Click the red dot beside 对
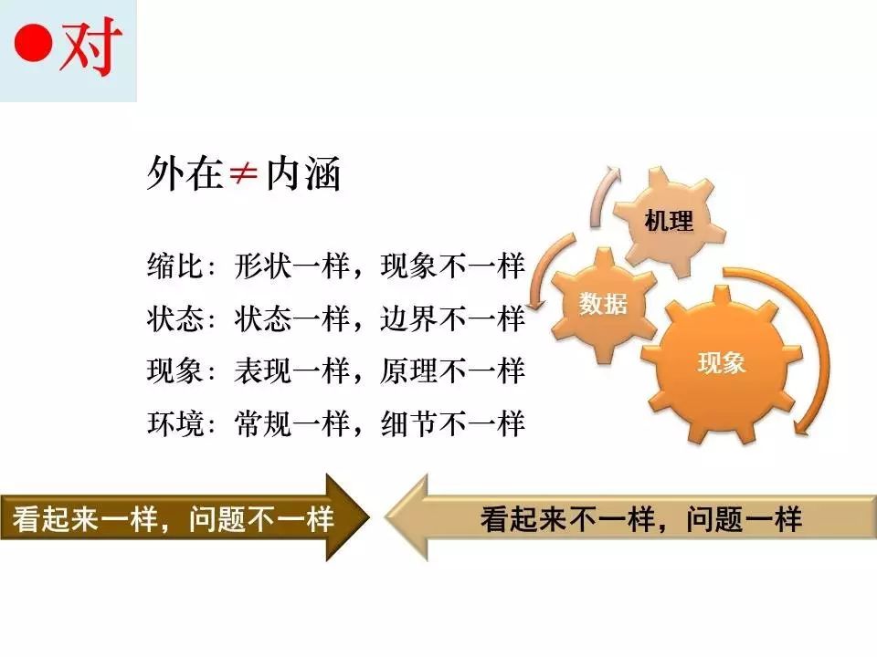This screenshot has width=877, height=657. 34,42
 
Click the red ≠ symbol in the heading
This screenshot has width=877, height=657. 243,174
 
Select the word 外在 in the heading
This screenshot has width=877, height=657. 185,173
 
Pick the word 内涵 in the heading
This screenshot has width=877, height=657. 302,174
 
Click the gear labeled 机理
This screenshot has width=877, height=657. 669,221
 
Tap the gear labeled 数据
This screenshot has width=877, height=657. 603,305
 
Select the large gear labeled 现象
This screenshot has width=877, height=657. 722,364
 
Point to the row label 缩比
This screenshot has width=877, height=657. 174,266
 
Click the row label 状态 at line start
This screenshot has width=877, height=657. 174,319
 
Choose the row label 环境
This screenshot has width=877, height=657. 174,423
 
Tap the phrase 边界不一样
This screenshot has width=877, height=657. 453,319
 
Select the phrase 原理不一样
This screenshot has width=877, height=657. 453,371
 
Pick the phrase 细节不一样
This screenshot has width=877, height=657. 453,423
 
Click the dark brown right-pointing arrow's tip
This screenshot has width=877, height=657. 370,516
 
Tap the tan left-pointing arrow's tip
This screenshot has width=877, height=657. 386,516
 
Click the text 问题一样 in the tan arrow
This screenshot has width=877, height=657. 745,519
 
